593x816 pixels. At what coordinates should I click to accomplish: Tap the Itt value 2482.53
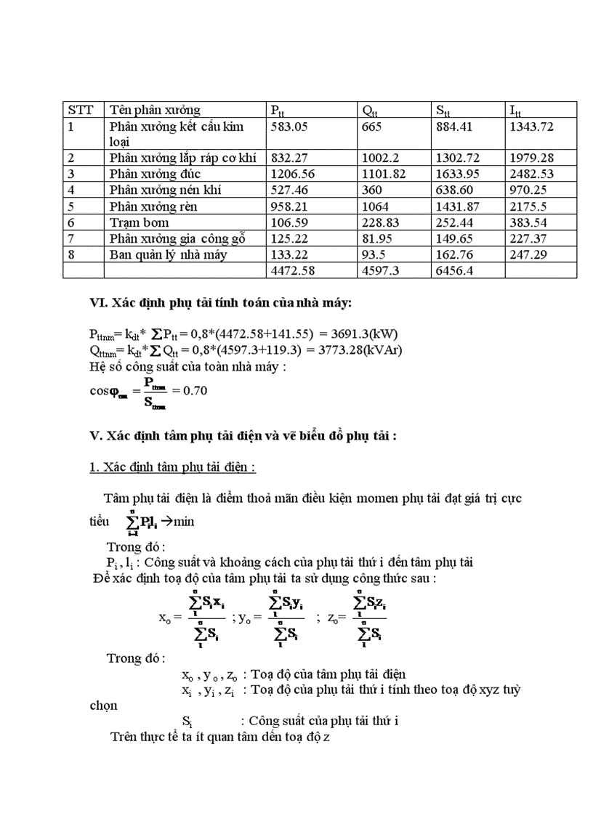point(532,174)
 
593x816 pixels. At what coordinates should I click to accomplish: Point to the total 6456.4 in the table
point(455,270)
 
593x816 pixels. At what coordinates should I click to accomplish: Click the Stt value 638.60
point(453,190)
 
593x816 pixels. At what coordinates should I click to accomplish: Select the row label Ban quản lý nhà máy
point(168,254)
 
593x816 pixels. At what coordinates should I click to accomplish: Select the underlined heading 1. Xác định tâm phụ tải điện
point(172,468)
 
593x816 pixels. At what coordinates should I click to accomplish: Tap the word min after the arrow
point(183,522)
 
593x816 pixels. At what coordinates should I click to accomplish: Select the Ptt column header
point(278,110)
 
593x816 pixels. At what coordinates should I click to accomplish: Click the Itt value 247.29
point(529,254)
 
